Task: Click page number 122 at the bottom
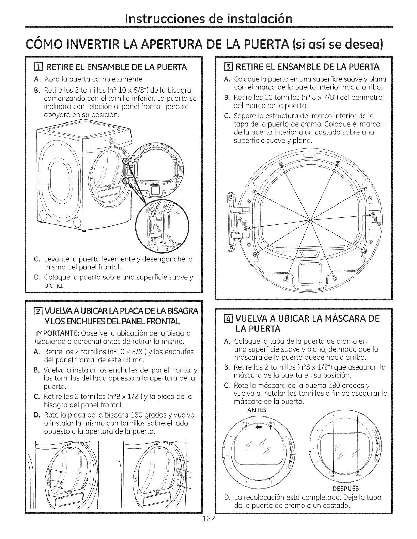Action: pos(208,529)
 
